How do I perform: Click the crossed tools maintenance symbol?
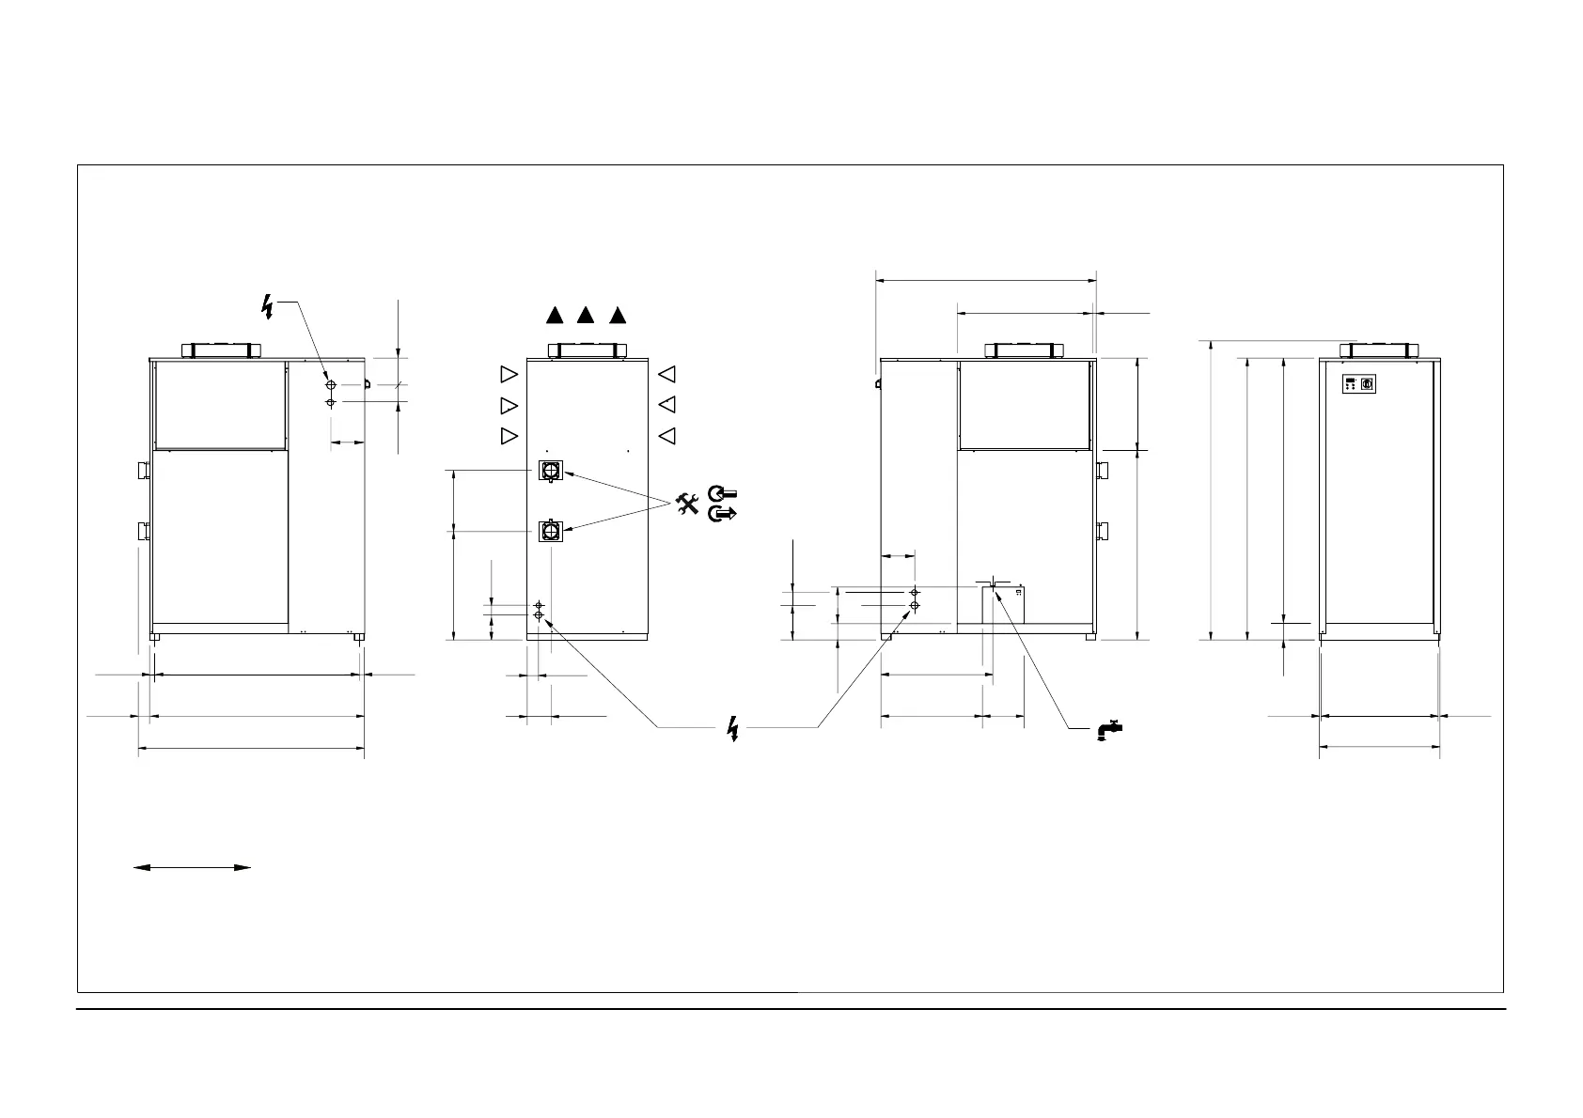coord(688,504)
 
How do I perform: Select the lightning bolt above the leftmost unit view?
coord(269,306)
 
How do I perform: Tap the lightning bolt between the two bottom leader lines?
coord(734,728)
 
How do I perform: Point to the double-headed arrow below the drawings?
coord(192,867)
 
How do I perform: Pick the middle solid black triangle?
coord(586,316)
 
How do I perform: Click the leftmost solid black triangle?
coord(555,316)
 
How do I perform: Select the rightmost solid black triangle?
coord(617,316)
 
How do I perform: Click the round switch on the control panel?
coord(1368,384)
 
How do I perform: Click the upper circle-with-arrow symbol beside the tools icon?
coord(724,492)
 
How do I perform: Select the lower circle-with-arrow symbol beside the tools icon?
coord(724,513)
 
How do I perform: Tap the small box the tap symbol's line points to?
coord(1003,606)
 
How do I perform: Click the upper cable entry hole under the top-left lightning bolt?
coord(330,385)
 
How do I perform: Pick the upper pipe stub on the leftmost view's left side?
coord(144,469)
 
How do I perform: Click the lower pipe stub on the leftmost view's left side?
coord(144,532)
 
